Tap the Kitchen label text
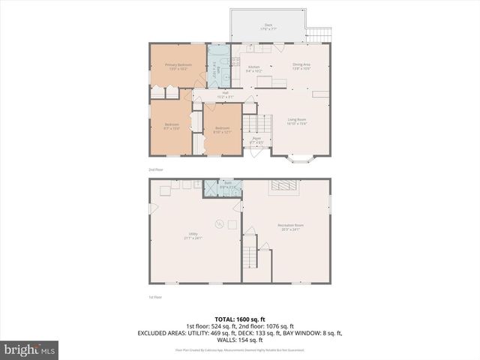tap(253, 69)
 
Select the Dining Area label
tap(302, 66)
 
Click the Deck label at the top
tap(268, 25)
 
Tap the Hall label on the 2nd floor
tap(224, 95)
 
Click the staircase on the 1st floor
tap(250, 258)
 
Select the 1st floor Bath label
tap(228, 184)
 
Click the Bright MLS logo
tap(30, 349)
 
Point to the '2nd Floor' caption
tap(154, 170)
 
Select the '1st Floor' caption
tap(154, 298)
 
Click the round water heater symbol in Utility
tap(220, 222)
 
